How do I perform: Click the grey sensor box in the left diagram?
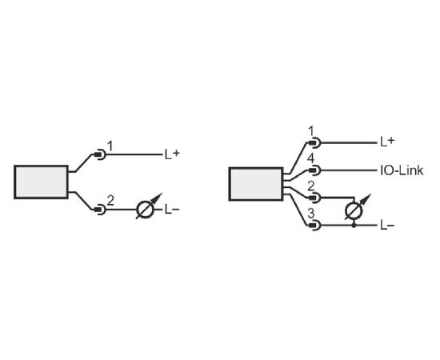42,182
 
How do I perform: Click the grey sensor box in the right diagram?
256,184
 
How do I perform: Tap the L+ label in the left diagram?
172,154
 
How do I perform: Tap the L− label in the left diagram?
172,210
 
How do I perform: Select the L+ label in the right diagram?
387,142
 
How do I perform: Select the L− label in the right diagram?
387,225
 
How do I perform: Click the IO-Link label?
402,170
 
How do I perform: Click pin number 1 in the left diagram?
110,146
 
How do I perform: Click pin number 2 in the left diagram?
110,201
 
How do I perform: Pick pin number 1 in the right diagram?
311,130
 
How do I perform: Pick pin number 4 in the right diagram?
311,158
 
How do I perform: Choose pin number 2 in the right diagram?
311,186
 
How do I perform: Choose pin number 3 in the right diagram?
311,214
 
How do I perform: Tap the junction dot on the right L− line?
354,225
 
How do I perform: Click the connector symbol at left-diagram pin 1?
100,154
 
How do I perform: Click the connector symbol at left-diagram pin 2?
100,210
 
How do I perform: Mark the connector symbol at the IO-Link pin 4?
314,170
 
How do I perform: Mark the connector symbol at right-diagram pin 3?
314,225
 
